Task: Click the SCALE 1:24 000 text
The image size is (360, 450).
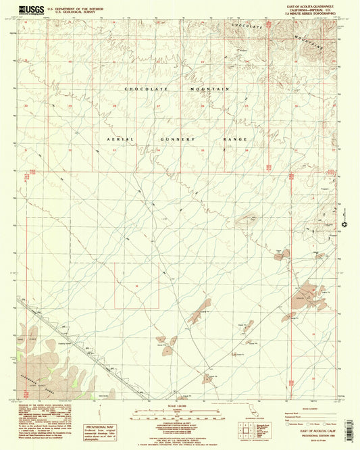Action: (x=180, y=405)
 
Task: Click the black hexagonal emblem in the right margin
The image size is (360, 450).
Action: (x=344, y=224)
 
